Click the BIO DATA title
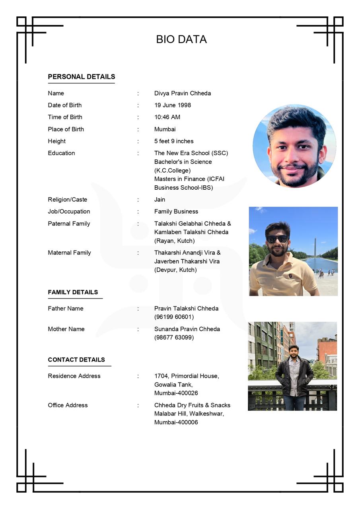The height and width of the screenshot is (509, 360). (181, 39)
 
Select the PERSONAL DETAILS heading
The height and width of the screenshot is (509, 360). (82, 77)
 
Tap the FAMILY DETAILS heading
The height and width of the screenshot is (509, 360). (73, 292)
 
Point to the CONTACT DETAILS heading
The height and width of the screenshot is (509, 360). (76, 360)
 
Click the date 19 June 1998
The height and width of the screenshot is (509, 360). (173, 105)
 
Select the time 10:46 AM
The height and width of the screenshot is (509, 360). (167, 117)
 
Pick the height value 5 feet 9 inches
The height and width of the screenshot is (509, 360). (174, 141)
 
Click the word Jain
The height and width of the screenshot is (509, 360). (160, 200)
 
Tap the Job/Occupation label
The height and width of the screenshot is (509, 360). (69, 212)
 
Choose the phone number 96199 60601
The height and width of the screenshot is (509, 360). (174, 317)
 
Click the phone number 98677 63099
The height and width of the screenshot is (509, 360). (174, 338)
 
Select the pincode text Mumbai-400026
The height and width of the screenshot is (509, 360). (176, 393)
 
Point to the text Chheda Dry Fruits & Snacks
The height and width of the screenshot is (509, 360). (192, 405)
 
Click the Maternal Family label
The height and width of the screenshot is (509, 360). (69, 253)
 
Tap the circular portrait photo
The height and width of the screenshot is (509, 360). (294, 146)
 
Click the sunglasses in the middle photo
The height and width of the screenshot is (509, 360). (277, 239)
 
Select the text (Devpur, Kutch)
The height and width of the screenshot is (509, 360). (175, 270)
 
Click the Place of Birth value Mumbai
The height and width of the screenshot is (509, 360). (165, 129)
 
